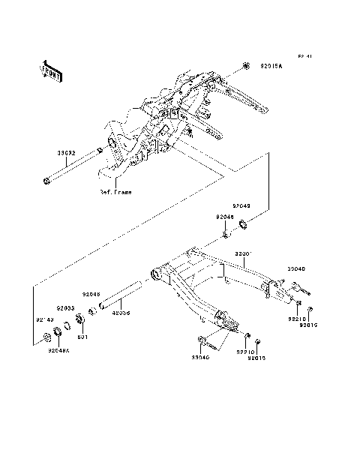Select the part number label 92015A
[272, 66]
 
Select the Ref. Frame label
[115, 192]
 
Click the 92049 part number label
[241, 204]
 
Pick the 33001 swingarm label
[244, 255]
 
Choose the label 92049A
[58, 349]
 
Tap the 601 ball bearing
[80, 324]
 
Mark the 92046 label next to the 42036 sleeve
[91, 295]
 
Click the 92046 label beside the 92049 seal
[225, 217]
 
